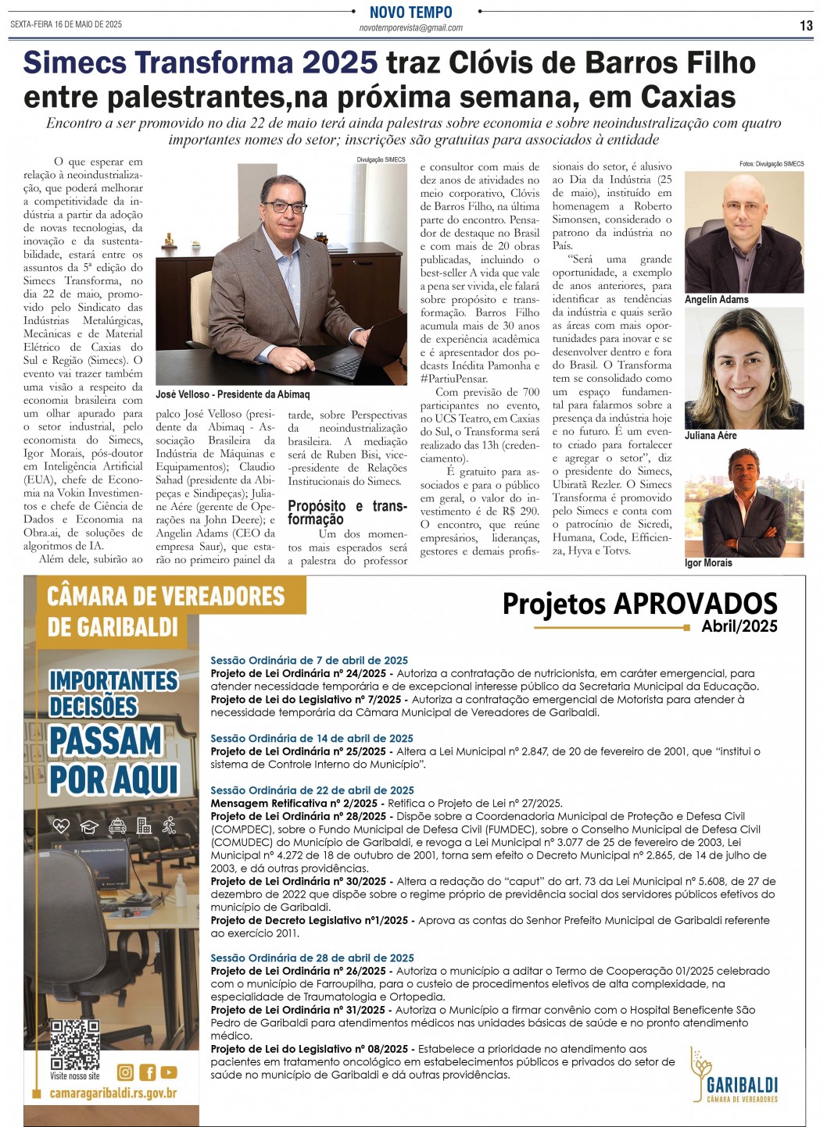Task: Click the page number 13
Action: coord(806,26)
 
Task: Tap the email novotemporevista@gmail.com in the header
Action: coord(410,28)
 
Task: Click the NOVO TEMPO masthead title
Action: coord(410,12)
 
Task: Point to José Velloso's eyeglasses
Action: coord(285,207)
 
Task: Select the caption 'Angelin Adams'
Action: coord(716,300)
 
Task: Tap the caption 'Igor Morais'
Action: coord(708,563)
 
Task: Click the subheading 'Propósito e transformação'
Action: coord(347,512)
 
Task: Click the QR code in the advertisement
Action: coord(75,1043)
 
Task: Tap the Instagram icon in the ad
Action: coord(125,1072)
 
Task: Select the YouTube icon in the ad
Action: coord(169,1072)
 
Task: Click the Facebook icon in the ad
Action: coord(147,1072)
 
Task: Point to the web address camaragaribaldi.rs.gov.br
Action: coord(113,1093)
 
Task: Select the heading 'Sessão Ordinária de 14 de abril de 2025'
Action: coord(312,738)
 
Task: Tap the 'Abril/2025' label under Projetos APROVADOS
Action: coord(739,626)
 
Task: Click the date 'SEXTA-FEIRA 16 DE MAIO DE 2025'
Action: coord(66,24)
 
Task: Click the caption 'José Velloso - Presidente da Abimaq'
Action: coord(232,394)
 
